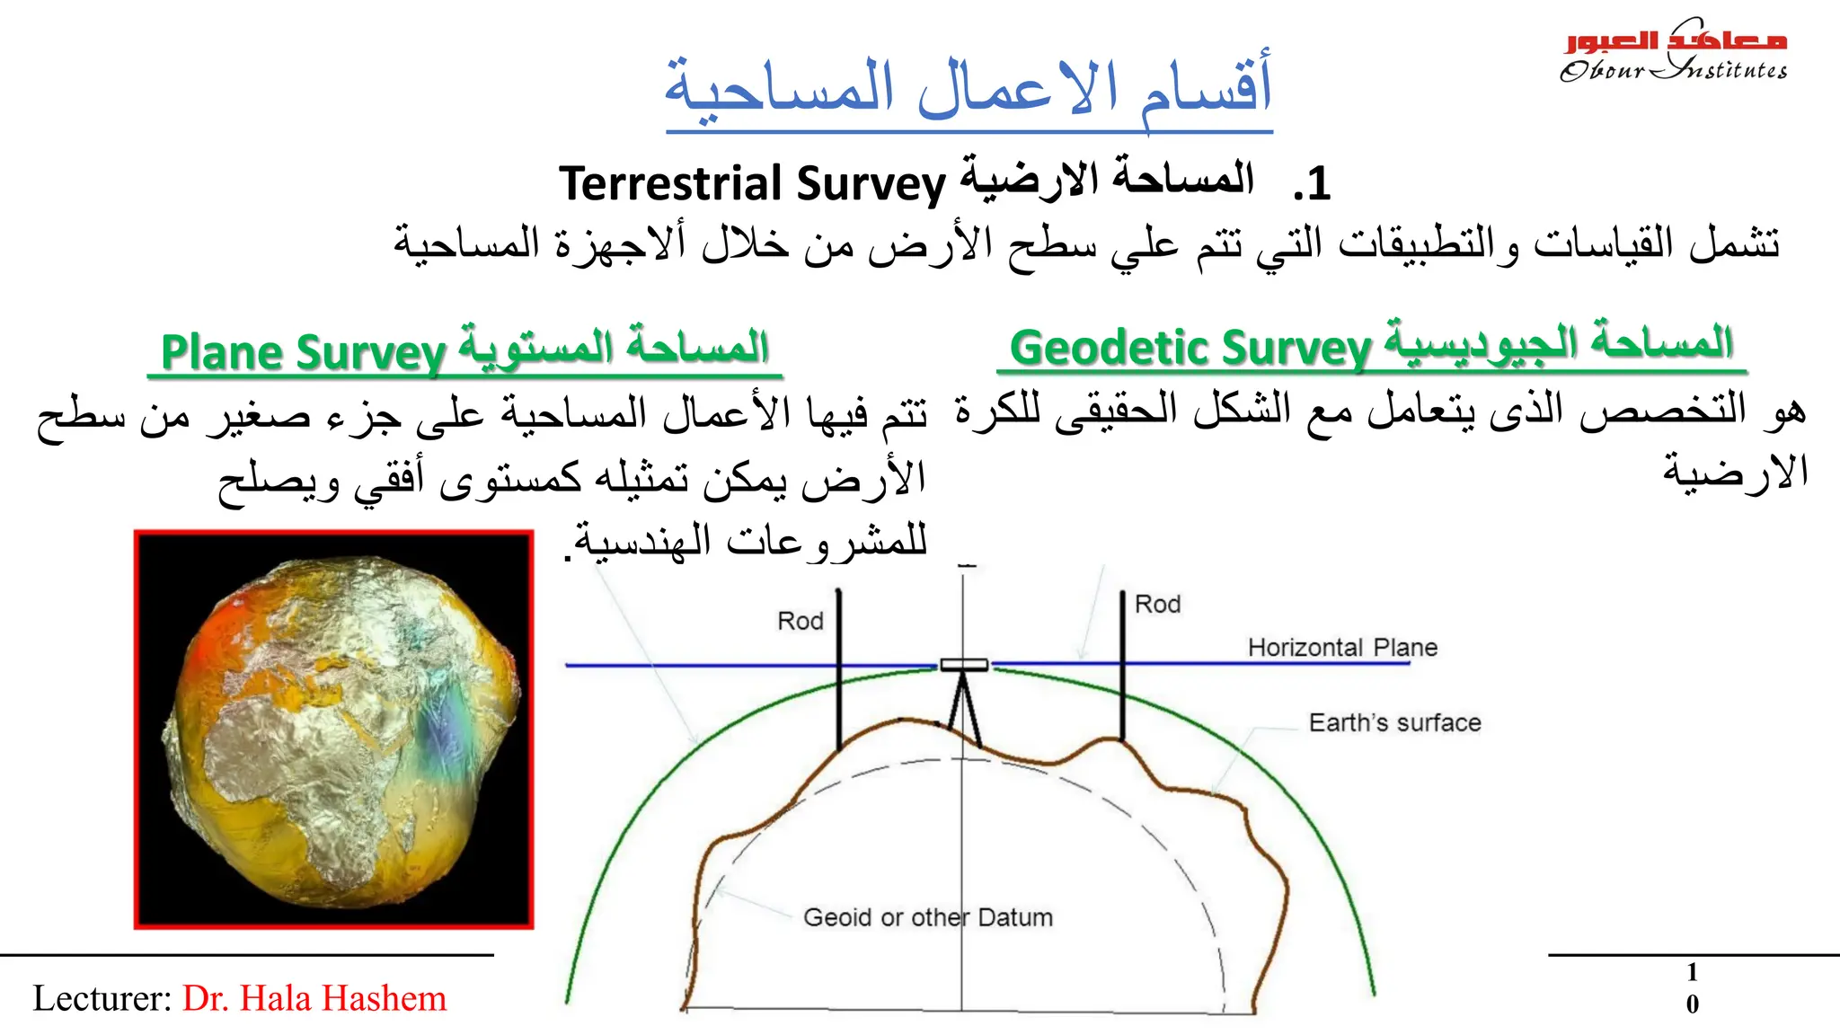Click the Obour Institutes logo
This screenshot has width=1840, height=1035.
tap(1673, 52)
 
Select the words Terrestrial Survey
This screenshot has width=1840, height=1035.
tap(753, 183)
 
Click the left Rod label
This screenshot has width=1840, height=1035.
tap(800, 621)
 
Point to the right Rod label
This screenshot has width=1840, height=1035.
tap(1157, 605)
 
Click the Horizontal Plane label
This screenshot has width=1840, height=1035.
tap(1342, 648)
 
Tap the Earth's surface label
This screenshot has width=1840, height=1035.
tap(1394, 723)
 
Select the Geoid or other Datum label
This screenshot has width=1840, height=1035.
tap(927, 917)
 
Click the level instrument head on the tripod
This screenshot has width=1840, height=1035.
tap(963, 665)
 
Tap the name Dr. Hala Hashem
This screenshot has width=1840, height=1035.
tap(314, 999)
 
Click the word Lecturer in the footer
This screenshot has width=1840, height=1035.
tap(101, 999)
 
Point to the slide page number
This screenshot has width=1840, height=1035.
tap(1692, 988)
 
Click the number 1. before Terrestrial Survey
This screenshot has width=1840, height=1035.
tap(1312, 185)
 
